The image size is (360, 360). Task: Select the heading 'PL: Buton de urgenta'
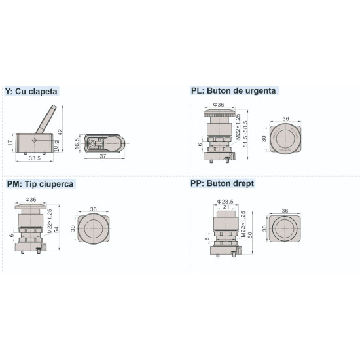[233, 91]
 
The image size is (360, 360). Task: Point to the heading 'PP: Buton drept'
[223, 184]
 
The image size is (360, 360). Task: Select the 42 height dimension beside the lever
[60, 132]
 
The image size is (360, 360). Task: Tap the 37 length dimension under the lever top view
[104, 157]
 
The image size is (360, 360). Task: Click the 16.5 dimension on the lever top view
[78, 143]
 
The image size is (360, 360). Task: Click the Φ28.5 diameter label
[225, 202]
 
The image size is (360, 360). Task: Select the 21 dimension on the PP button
[225, 209]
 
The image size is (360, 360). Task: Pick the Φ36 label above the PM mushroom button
[30, 199]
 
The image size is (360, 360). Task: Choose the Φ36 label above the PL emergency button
[219, 105]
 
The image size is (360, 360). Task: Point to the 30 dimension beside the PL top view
[264, 139]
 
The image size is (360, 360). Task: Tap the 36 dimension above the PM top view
[93, 209]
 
